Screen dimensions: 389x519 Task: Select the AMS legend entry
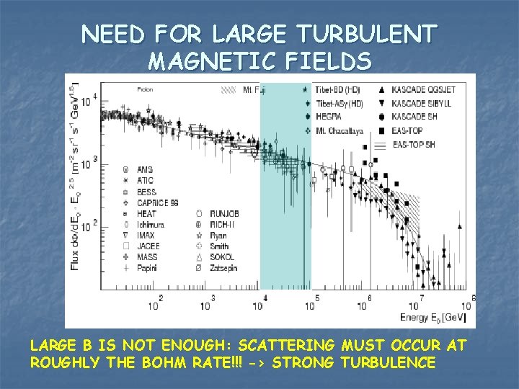pyautogui.click(x=145, y=170)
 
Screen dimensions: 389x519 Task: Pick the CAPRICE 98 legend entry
pyautogui.click(x=157, y=202)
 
